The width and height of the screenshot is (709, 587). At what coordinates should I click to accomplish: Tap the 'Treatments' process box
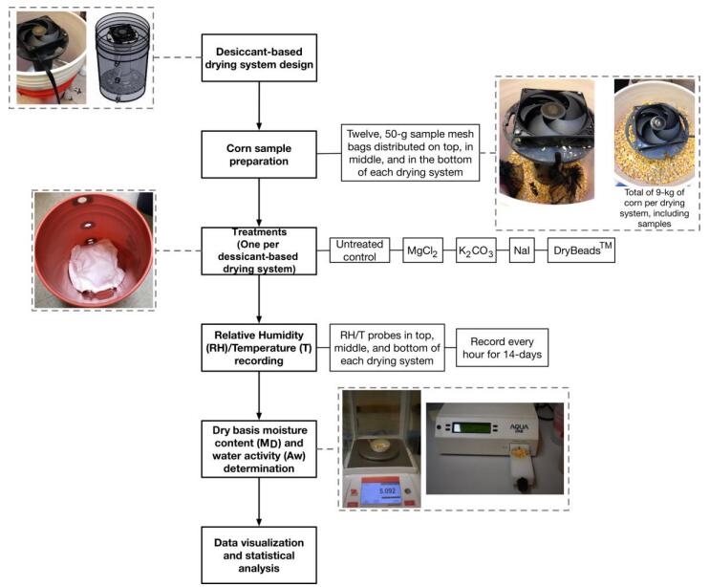[259, 250]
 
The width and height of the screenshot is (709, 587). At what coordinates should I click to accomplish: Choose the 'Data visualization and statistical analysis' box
[259, 554]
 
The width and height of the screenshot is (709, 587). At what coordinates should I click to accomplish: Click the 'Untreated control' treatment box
[359, 251]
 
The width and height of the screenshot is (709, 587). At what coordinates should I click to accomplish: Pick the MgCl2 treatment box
[420, 251]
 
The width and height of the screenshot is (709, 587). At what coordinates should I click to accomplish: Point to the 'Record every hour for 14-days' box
[501, 348]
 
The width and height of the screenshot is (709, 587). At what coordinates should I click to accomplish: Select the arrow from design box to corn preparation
[259, 104]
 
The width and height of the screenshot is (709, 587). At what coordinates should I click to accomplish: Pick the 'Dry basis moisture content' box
[259, 445]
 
